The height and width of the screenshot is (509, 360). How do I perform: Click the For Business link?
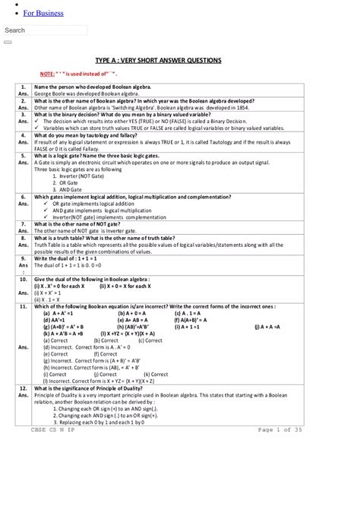[x=43, y=13]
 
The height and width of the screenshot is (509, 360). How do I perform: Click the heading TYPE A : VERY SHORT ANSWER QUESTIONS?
[x=159, y=59]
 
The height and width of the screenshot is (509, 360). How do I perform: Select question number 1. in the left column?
[x=24, y=87]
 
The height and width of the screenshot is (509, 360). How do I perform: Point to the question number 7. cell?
[x=24, y=224]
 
